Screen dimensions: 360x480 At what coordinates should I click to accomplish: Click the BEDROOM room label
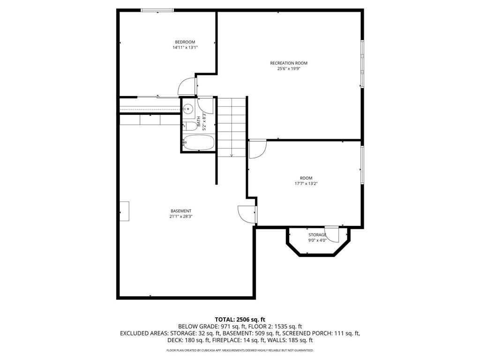click(185, 42)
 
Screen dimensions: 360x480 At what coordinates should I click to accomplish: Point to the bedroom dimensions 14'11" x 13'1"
click(185, 47)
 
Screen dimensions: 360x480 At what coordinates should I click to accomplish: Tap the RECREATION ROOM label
click(289, 63)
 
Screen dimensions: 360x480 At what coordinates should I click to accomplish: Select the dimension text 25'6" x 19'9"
click(289, 68)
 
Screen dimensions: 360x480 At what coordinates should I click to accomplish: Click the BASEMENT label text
click(181, 211)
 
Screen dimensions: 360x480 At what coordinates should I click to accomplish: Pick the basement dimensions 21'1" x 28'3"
click(181, 217)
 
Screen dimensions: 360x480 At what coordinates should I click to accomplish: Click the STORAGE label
click(317, 235)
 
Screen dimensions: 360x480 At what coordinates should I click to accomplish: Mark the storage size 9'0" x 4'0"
click(317, 240)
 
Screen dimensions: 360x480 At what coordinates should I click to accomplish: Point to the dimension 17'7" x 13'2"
click(306, 183)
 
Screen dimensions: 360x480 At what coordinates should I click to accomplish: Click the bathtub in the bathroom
click(198, 142)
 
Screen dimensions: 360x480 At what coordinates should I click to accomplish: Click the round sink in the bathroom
click(187, 109)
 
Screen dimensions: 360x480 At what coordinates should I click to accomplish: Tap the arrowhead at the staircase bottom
click(232, 155)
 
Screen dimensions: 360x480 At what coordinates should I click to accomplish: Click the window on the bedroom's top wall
click(157, 10)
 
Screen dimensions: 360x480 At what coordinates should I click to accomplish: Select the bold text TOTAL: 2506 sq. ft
click(240, 319)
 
